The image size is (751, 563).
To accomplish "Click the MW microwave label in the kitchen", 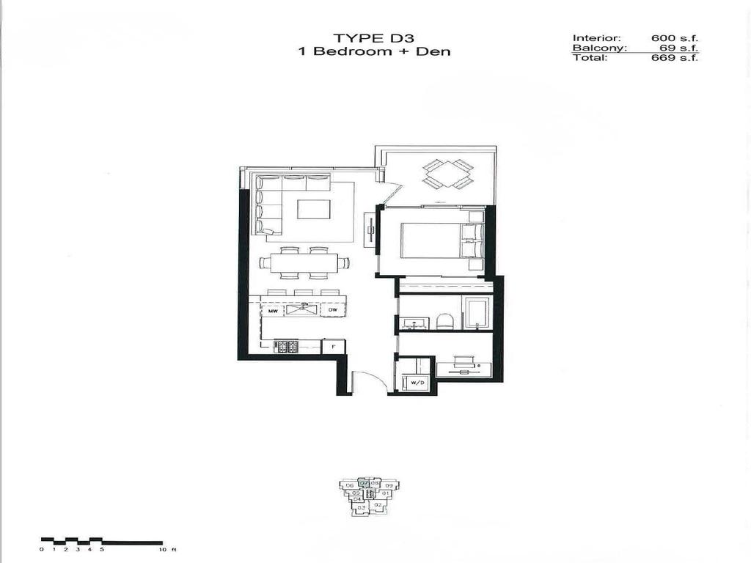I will click(273, 312).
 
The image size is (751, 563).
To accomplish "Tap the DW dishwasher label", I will click(332, 312).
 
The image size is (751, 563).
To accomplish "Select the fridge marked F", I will click(334, 346).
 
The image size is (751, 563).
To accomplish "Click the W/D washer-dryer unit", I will click(418, 382).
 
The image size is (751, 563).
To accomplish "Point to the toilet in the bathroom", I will click(444, 320).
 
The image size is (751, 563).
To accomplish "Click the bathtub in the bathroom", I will click(477, 313).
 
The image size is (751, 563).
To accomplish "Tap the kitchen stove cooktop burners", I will click(286, 346).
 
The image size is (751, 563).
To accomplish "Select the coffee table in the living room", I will click(313, 209).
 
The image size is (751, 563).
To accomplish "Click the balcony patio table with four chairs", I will click(448, 174).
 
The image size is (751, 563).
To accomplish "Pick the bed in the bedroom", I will click(433, 241).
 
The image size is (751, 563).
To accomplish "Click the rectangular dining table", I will click(304, 263).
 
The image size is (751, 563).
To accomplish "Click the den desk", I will click(464, 369).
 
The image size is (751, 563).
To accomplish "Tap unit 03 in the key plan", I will click(362, 507).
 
